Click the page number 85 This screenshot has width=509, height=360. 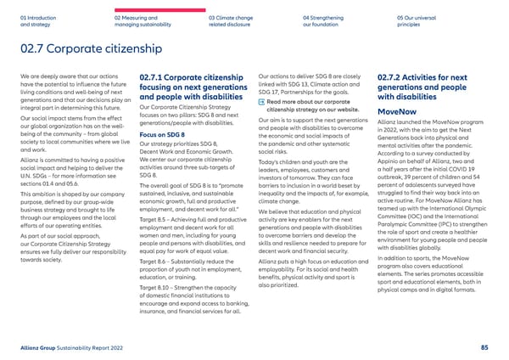click(x=483, y=346)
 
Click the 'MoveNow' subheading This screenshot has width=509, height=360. click(x=397, y=111)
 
